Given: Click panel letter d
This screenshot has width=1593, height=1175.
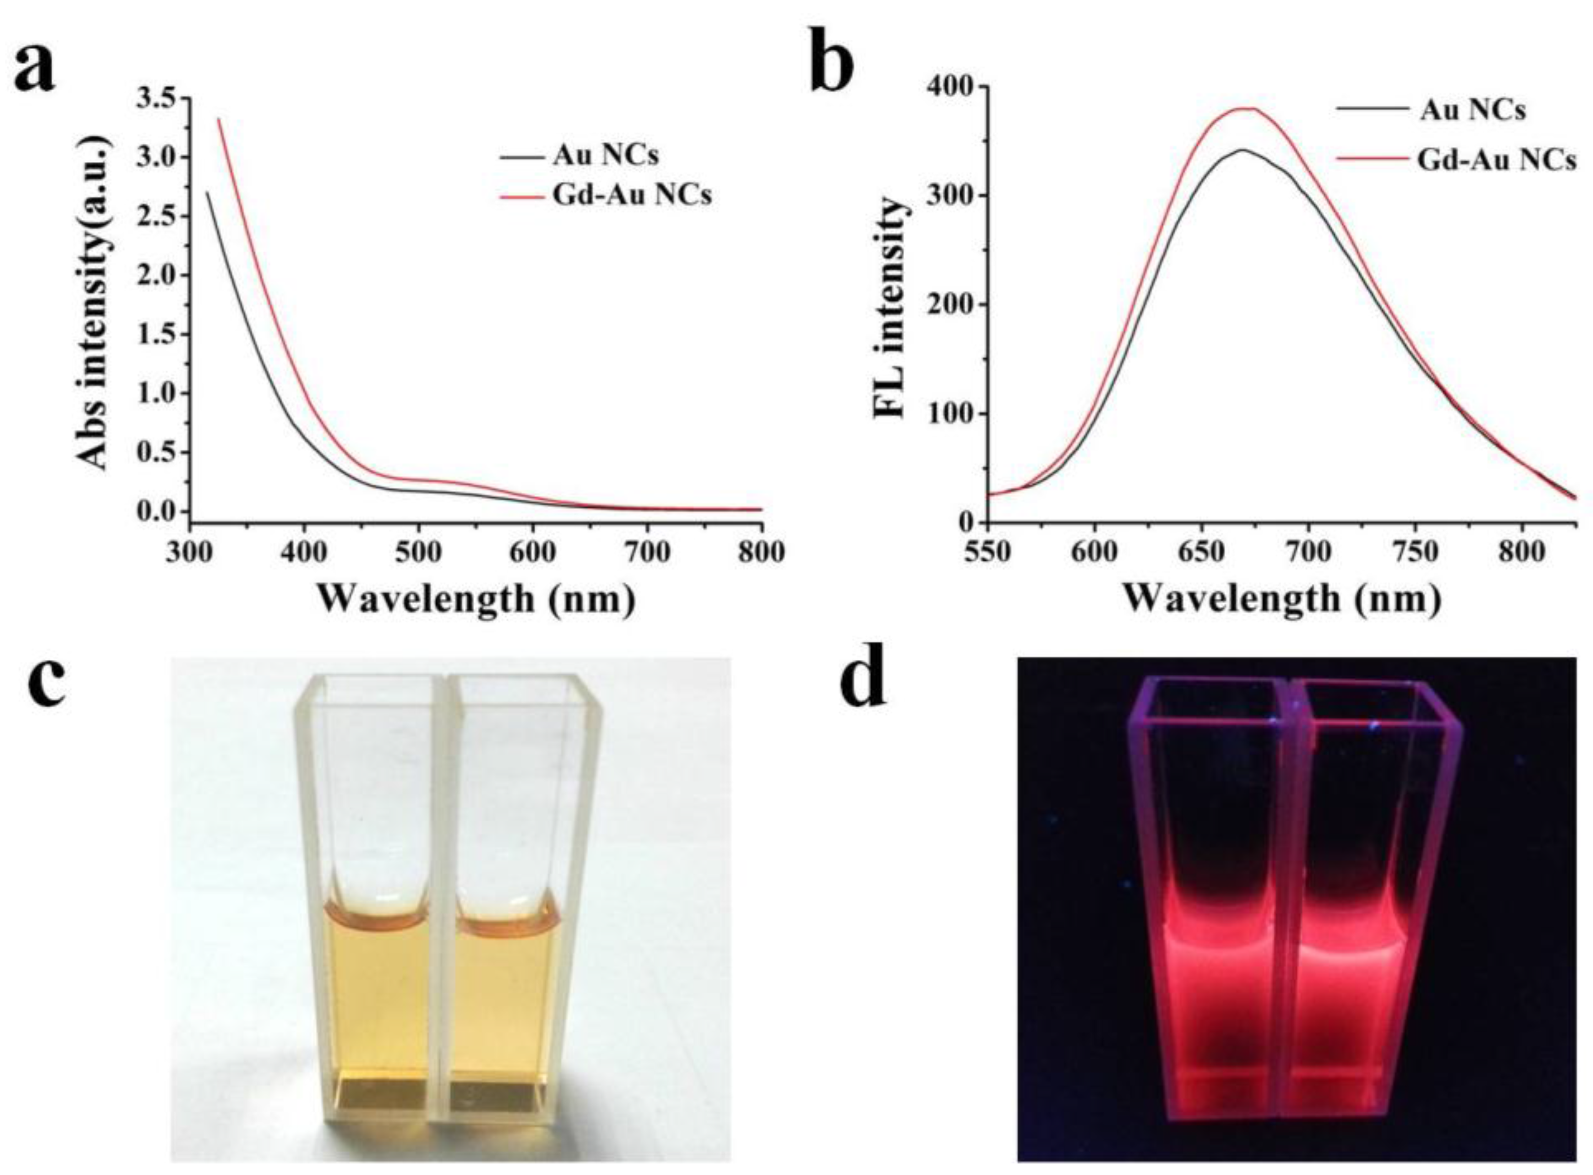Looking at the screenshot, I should click(x=863, y=681).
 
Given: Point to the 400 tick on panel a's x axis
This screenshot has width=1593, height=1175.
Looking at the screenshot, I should click(x=303, y=553).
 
